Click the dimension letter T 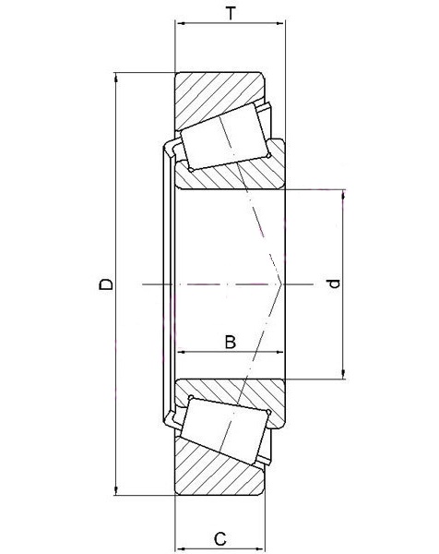click(x=231, y=14)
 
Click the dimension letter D click(x=106, y=284)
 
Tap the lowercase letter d click(x=333, y=283)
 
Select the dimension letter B click(x=230, y=342)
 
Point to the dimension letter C click(x=220, y=539)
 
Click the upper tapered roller click(x=226, y=136)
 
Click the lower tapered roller click(x=226, y=431)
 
